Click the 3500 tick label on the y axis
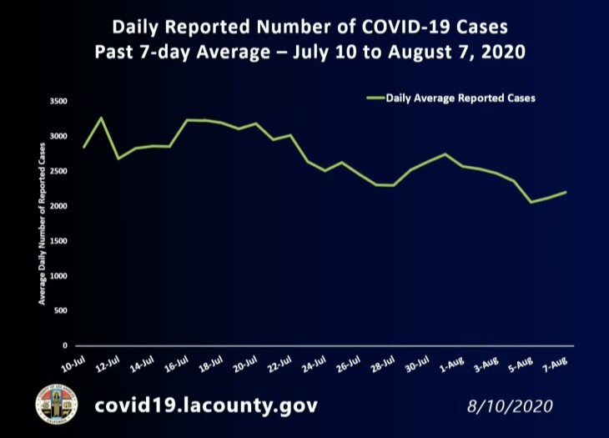(x=58, y=102)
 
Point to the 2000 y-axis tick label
(x=58, y=206)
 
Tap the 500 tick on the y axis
(x=61, y=310)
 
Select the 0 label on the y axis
(x=65, y=345)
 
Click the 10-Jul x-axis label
(x=73, y=364)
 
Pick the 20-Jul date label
(x=244, y=364)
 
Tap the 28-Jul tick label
(x=382, y=364)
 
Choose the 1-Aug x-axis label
(x=452, y=364)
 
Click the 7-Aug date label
(x=556, y=364)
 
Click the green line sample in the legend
(x=375, y=98)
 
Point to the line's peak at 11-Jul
(x=101, y=118)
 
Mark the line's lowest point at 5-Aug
(x=531, y=202)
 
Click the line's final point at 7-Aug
(x=566, y=192)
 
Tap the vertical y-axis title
(x=42, y=223)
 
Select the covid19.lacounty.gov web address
(x=206, y=406)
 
